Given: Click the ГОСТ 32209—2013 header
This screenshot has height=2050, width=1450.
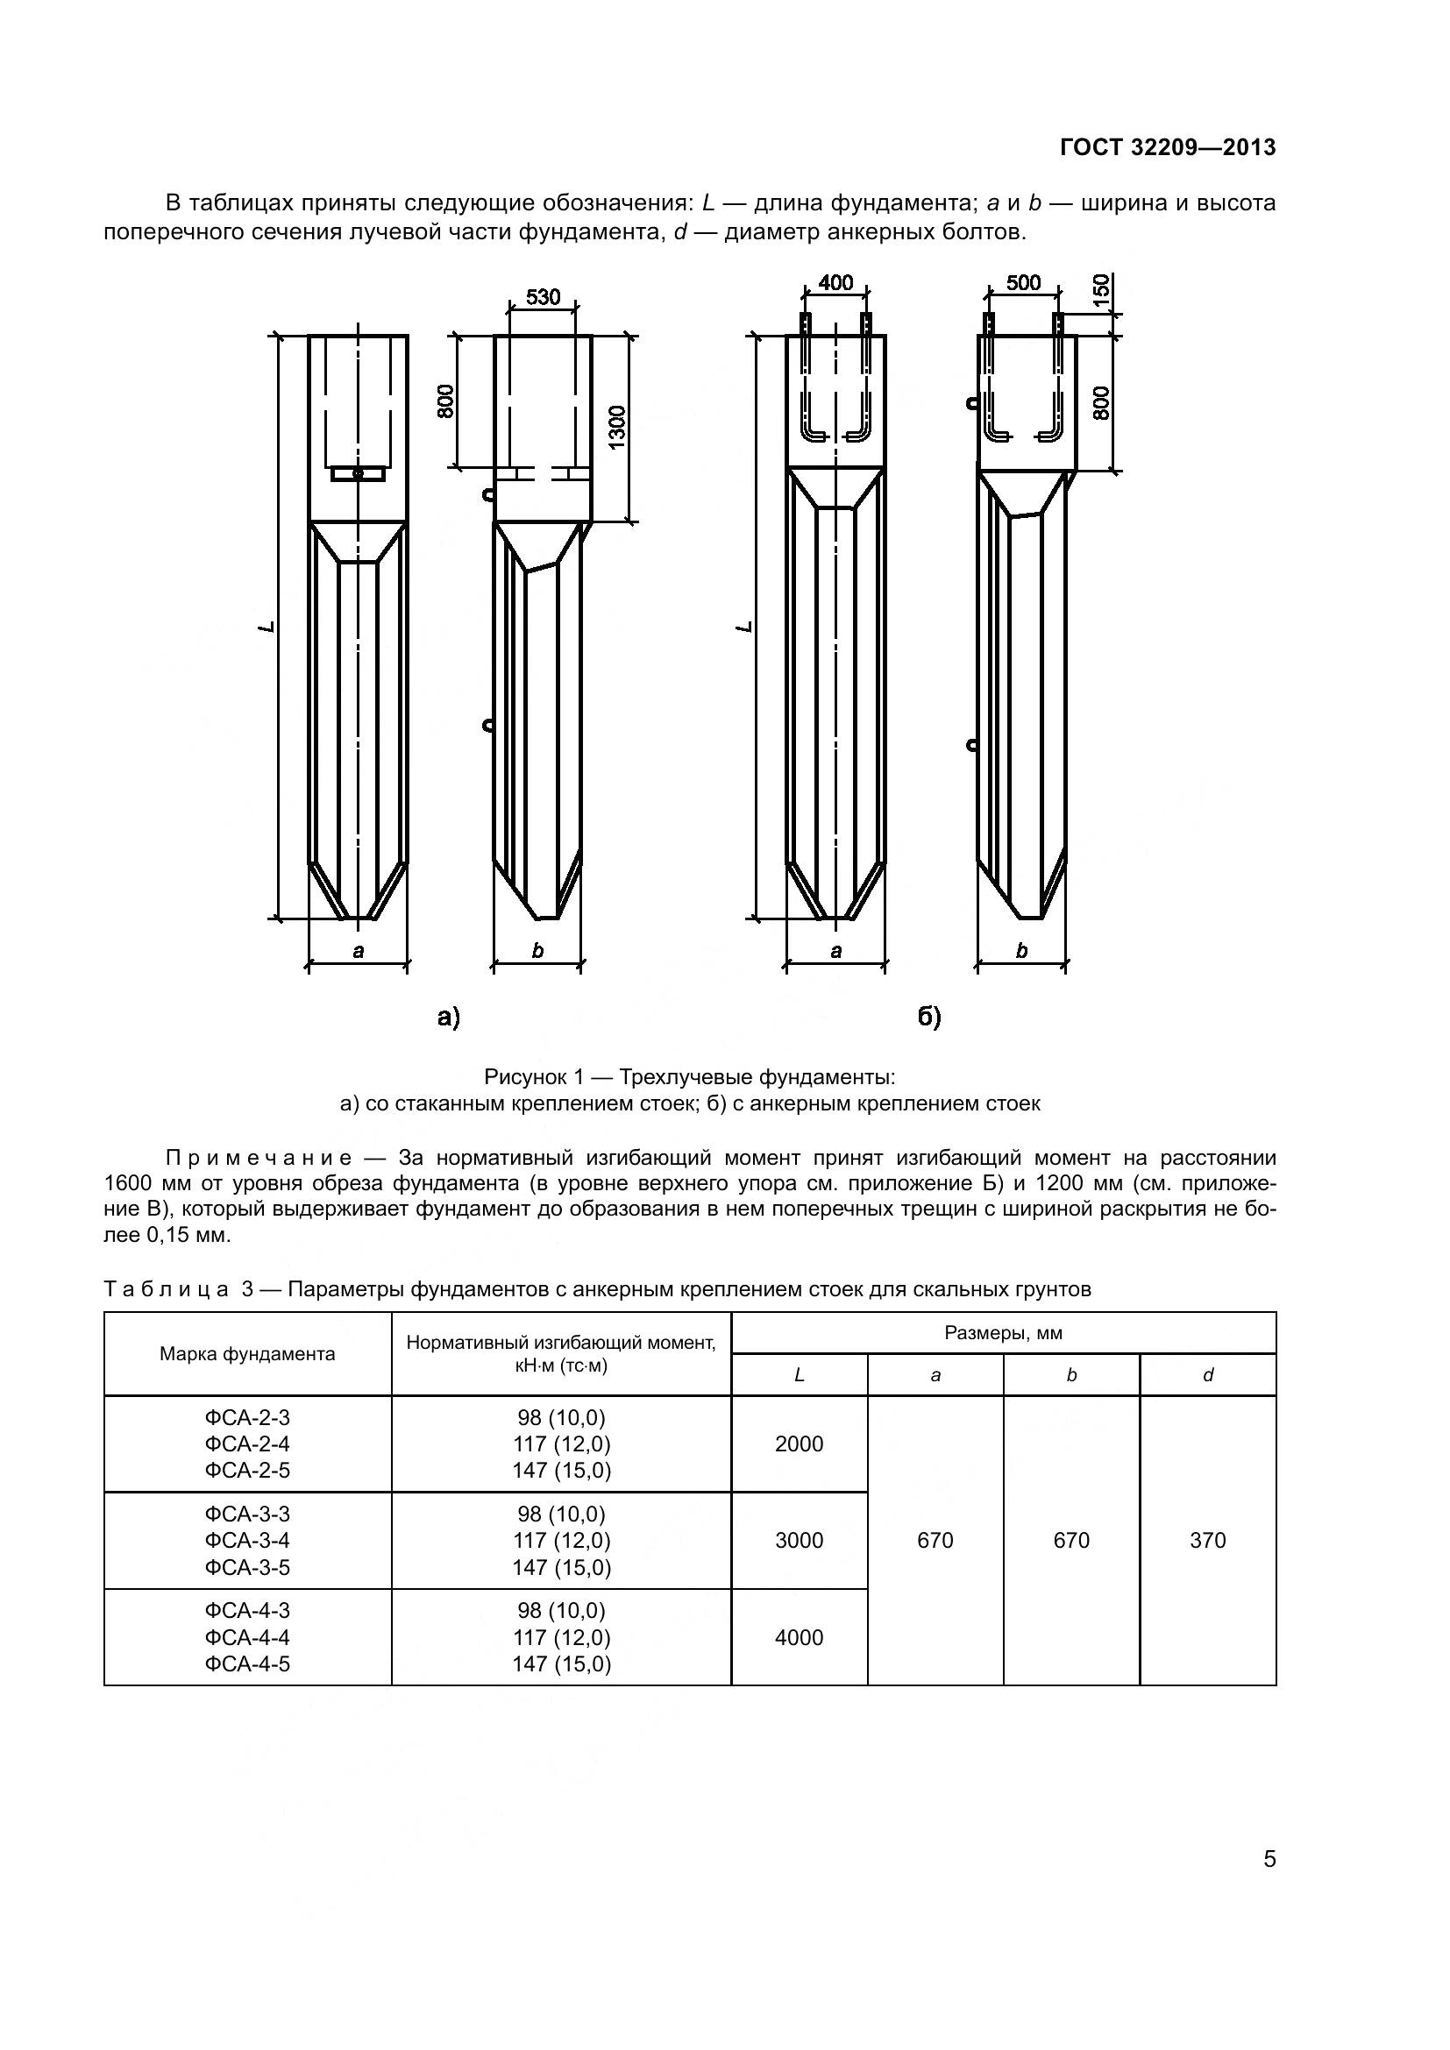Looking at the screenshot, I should pos(1167,148).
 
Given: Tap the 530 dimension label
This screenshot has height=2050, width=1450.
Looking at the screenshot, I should pos(543,297).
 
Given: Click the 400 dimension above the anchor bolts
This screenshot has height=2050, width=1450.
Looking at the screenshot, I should pos(835,283).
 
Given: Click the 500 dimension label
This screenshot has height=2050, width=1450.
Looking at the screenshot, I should pos(1023,283).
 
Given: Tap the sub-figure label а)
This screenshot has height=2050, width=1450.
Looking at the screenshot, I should pos(448,1017).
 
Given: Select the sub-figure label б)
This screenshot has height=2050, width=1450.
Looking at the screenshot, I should pos(930,1017).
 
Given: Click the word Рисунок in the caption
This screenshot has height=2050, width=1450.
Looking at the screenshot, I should pos(522,1078).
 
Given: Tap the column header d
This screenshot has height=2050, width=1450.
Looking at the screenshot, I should pos(1207,1376).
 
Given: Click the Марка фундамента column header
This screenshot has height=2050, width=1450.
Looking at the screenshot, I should pos(247,1354).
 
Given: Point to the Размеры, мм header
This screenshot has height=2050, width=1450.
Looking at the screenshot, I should pos(1003,1334).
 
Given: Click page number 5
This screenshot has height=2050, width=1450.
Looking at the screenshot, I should pos(1269,1860).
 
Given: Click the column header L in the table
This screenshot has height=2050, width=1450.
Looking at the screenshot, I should pos(800,1376).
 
